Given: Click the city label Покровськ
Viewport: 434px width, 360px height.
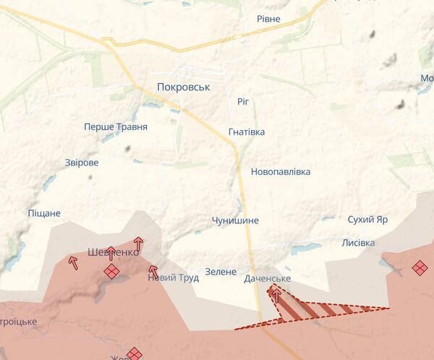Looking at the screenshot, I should [183, 87].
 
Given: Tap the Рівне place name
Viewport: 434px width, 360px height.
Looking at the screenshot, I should [268, 19].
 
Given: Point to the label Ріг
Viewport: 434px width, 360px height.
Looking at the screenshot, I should [243, 101].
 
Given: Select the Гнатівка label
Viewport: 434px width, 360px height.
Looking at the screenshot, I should [246, 132].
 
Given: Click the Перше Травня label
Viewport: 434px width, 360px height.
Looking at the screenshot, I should [116, 127].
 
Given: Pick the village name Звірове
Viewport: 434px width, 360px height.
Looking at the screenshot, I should [81, 163].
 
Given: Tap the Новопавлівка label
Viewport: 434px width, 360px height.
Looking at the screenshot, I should [281, 172].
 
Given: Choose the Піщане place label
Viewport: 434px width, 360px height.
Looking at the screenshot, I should [44, 213].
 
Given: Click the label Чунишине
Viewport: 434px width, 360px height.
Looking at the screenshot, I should [235, 220].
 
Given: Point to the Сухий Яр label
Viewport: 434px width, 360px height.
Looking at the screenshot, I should [367, 219].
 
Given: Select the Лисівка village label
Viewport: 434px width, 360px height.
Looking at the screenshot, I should [358, 243].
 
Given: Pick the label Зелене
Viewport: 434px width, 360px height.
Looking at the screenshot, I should [221, 272].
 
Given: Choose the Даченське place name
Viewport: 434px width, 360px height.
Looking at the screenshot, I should [268, 278].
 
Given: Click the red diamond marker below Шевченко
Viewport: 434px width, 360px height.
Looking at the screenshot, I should [111, 271].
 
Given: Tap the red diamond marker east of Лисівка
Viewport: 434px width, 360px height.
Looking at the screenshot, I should [420, 268].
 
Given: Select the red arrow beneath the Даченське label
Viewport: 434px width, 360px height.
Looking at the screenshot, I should [276, 294].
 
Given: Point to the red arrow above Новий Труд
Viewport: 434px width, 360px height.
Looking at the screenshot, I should [153, 270].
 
